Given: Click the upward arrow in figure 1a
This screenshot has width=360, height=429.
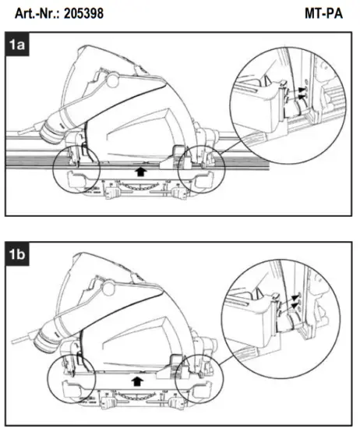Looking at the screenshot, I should (139, 166).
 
